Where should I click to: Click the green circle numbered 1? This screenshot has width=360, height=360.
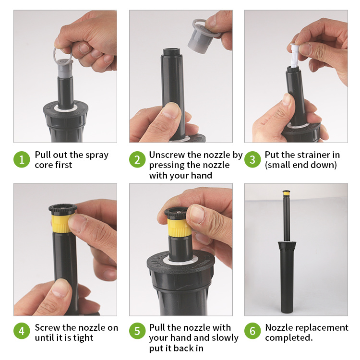22,159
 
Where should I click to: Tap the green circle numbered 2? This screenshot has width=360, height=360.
137,159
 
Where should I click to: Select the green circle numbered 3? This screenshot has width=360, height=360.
252,159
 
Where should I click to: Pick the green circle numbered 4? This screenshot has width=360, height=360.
22,331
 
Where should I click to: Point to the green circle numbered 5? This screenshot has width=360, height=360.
137,331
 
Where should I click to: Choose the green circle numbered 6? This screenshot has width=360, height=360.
252,331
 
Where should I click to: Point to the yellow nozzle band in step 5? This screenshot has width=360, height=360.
178,228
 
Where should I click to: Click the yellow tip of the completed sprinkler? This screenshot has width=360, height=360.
286,194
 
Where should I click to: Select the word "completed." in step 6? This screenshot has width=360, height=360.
289,338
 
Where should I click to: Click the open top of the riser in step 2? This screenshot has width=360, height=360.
172,50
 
